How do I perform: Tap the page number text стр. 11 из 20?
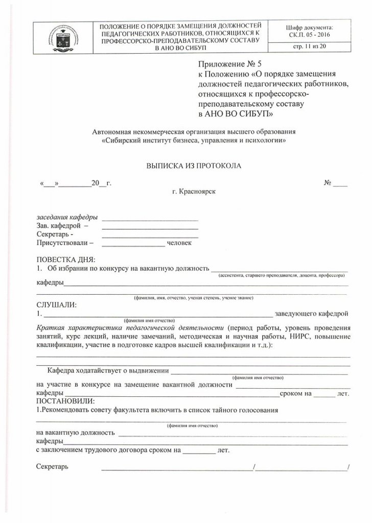pos(310,47)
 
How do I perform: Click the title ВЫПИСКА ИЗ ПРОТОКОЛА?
pos(187,166)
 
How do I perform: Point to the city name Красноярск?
pos(194,191)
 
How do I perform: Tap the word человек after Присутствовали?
pos(179,243)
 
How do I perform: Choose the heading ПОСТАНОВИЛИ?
pos(66,401)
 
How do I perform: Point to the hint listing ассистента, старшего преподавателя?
pos(282,275)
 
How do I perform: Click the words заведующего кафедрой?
pos(311,313)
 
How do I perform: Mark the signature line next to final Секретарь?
pos(176,467)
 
